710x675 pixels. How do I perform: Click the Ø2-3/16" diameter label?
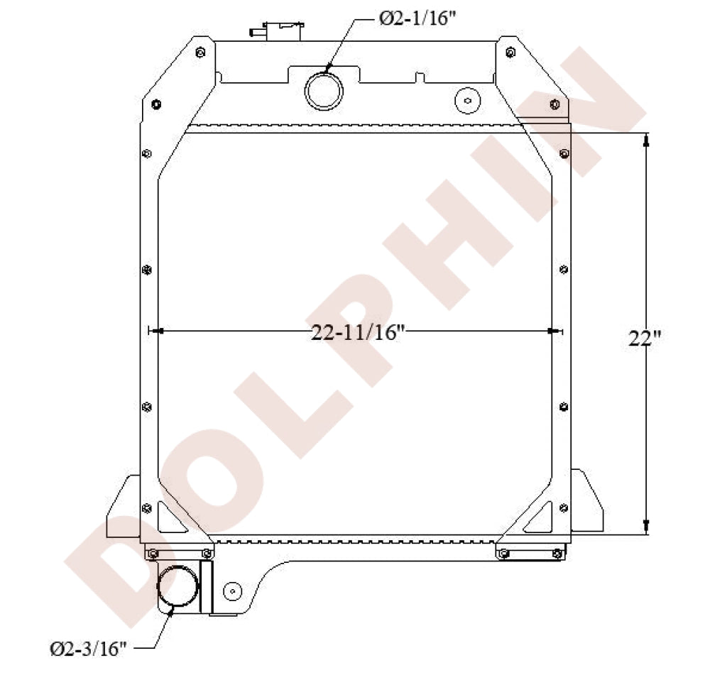[x=88, y=647]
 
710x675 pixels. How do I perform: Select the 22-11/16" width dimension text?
[x=357, y=332]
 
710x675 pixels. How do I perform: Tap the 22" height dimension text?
[x=645, y=339]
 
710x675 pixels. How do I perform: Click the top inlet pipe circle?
[x=324, y=91]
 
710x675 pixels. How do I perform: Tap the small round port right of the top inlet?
[x=468, y=100]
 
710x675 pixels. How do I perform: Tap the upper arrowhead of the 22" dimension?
[x=645, y=140]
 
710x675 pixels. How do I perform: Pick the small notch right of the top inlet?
[x=420, y=76]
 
